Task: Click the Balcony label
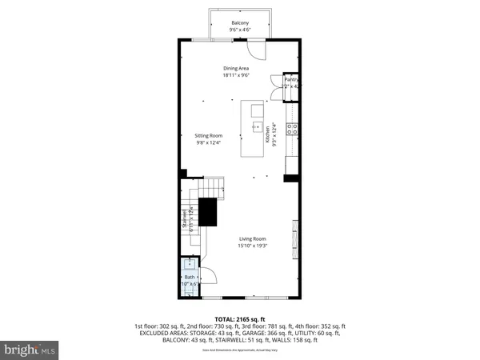pyautogui.click(x=239, y=22)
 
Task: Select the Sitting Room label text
pyautogui.click(x=208, y=136)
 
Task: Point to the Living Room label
pyautogui.click(x=253, y=238)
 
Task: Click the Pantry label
pyautogui.click(x=291, y=81)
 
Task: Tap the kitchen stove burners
pyautogui.click(x=294, y=126)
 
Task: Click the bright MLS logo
pyautogui.click(x=30, y=349)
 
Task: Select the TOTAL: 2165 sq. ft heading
pyautogui.click(x=239, y=318)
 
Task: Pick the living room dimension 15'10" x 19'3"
pyautogui.click(x=253, y=246)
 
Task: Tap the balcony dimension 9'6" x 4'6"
pyautogui.click(x=239, y=30)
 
